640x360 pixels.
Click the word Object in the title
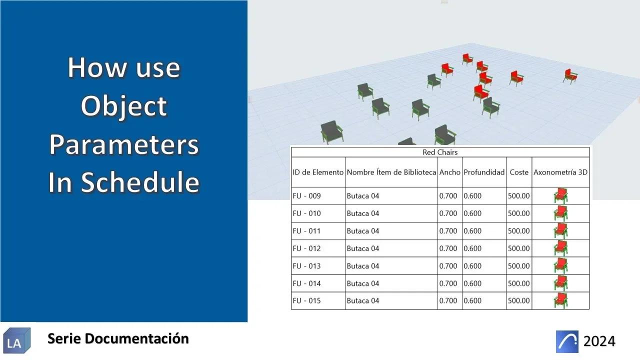(x=123, y=106)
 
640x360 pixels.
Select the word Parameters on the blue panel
(x=123, y=144)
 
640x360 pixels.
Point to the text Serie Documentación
(x=118, y=338)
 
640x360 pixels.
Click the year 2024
(x=599, y=341)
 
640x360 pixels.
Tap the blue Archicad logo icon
(x=567, y=341)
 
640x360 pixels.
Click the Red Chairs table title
(x=440, y=152)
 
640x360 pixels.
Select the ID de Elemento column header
(x=318, y=172)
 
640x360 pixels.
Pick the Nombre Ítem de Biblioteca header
(x=391, y=172)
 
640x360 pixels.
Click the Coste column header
(x=519, y=172)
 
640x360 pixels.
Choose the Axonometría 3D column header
(x=560, y=172)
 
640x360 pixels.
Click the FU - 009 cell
(x=306, y=196)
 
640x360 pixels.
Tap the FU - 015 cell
(x=306, y=301)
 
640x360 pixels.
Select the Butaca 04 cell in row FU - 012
(x=363, y=248)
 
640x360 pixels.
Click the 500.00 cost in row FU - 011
(x=519, y=231)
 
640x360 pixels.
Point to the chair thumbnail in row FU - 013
(x=560, y=265)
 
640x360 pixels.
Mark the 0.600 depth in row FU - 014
(x=472, y=283)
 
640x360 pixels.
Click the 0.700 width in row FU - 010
(x=448, y=213)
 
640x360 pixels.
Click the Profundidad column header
(x=484, y=172)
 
